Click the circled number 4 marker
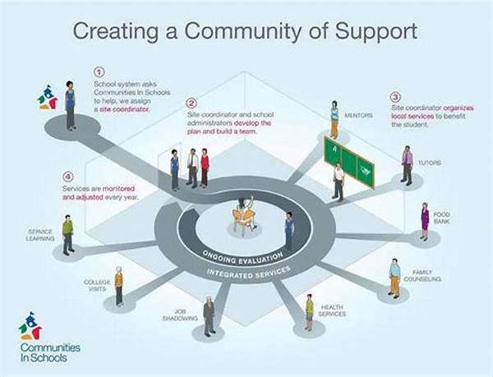(x=69, y=175)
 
